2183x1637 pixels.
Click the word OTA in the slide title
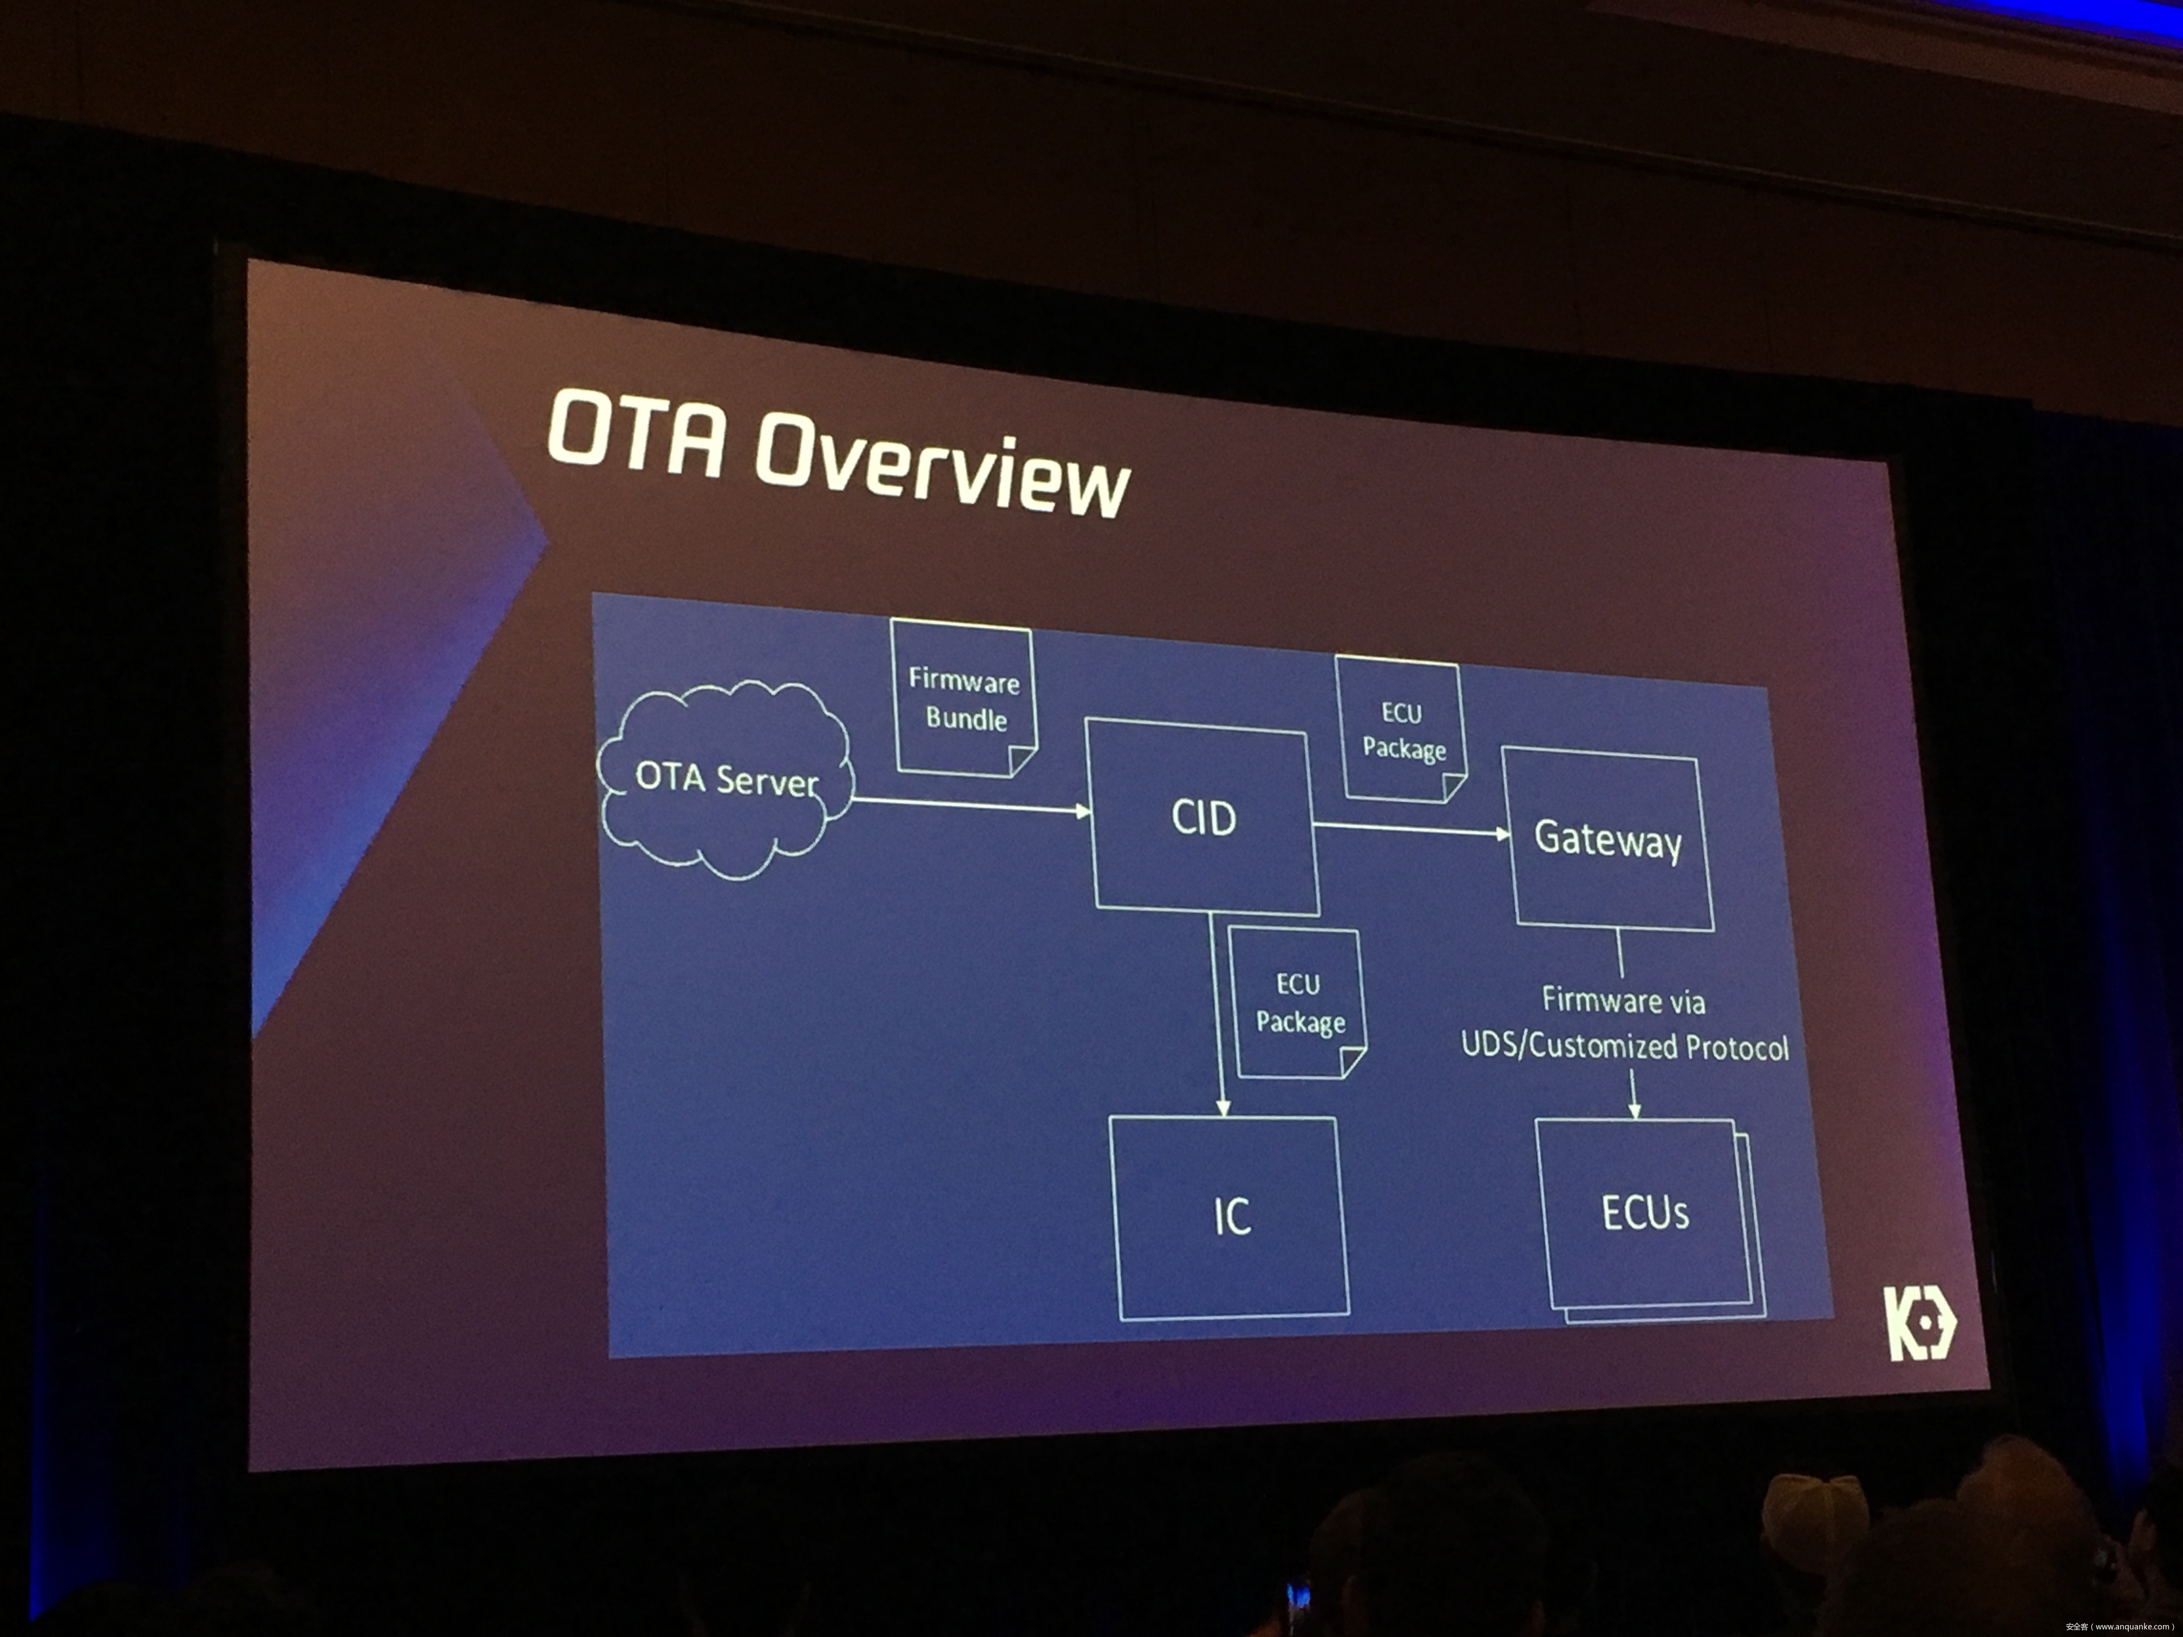pyautogui.click(x=637, y=434)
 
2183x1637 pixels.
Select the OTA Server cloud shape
pyautogui.click(x=726, y=780)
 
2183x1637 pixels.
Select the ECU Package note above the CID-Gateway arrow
pyautogui.click(x=1401, y=730)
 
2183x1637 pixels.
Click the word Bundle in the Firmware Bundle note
pyautogui.click(x=966, y=718)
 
